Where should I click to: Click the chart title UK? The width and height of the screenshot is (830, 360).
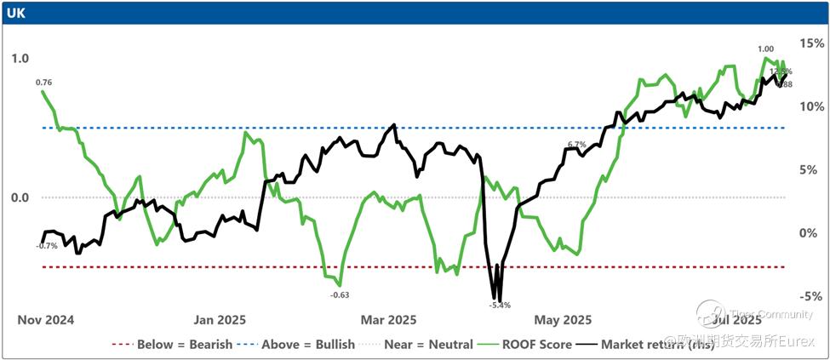click(x=16, y=13)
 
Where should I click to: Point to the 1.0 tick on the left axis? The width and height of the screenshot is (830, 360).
click(x=20, y=59)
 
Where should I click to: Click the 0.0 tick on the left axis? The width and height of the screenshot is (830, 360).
click(x=20, y=197)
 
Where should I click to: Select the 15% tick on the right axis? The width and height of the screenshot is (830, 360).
click(x=809, y=43)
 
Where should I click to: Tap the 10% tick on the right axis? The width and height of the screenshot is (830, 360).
click(x=809, y=106)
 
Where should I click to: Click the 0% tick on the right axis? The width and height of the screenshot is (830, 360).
click(x=811, y=233)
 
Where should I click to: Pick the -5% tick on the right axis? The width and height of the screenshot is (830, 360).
click(x=809, y=296)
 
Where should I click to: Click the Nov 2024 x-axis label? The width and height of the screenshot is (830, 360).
click(x=46, y=321)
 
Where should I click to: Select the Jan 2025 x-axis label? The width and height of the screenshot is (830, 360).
click(x=220, y=321)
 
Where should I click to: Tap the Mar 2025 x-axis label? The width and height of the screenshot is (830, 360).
click(x=389, y=321)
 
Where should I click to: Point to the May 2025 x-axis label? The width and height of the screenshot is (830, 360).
click(x=563, y=321)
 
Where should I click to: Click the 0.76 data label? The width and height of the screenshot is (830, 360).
click(x=44, y=83)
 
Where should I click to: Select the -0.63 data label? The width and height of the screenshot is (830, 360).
click(x=340, y=295)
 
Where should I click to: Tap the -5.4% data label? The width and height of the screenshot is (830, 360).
click(x=500, y=305)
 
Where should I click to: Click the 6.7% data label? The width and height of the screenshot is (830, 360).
click(x=577, y=144)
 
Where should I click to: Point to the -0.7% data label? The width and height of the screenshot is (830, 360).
click(x=47, y=246)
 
